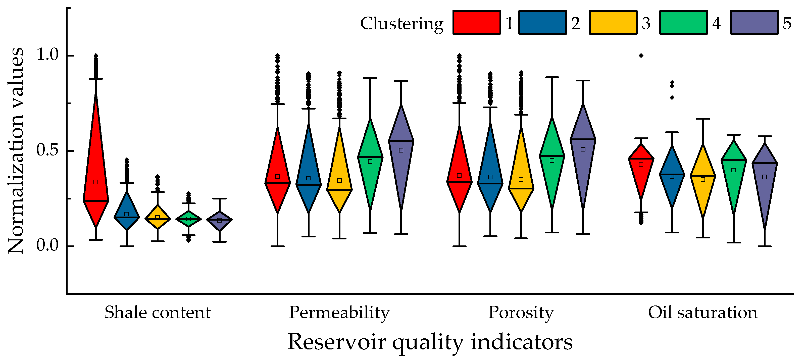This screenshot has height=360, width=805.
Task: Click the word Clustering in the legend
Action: coord(402,24)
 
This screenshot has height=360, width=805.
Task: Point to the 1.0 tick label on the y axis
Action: coord(47,55)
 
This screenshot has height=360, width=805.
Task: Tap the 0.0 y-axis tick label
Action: coord(47,246)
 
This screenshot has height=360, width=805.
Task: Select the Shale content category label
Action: coord(158,313)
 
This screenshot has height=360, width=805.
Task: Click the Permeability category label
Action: coord(339,313)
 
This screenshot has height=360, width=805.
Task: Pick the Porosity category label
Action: coord(521,313)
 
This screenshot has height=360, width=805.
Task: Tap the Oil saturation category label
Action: coord(703,313)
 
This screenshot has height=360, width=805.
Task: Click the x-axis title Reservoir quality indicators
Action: coord(430,342)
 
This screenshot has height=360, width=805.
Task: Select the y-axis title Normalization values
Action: coord(16,151)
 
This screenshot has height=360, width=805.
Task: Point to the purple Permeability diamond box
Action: coord(401,156)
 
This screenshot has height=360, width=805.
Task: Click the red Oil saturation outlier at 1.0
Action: coord(641,56)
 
